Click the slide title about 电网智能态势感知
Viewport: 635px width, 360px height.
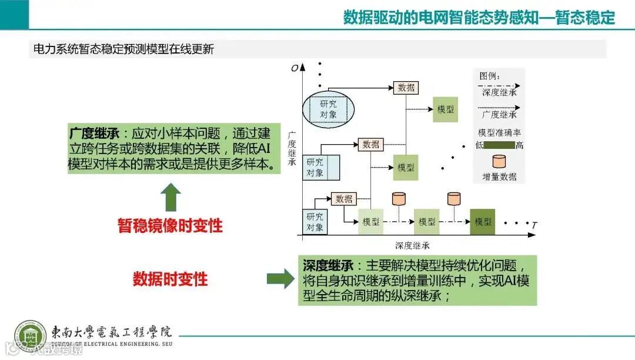[x=479, y=17]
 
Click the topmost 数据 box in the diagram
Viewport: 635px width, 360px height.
[x=406, y=88]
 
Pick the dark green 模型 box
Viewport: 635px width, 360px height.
[x=483, y=222]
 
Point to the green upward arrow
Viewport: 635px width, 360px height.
[x=171, y=197]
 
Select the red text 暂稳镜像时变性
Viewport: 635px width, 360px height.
[x=171, y=225]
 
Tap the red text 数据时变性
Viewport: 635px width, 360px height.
[x=171, y=279]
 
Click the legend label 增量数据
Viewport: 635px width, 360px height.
[x=499, y=176]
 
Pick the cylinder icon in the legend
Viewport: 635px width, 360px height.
[x=499, y=161]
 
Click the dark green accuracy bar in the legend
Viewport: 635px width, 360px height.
[x=499, y=145]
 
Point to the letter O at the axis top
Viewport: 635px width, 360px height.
[x=295, y=68]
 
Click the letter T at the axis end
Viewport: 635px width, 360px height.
[x=534, y=225]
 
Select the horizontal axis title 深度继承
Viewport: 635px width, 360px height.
[x=416, y=245]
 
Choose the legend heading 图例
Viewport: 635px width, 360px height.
[x=489, y=76]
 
